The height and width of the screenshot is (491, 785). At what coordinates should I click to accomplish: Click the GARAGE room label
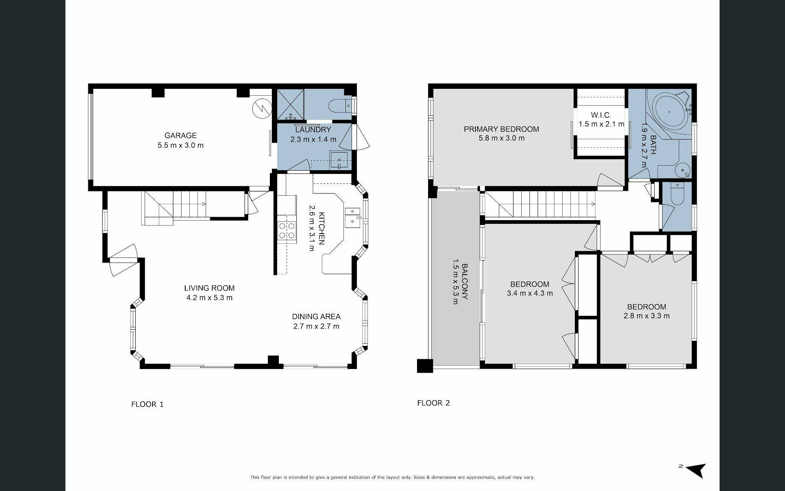180,135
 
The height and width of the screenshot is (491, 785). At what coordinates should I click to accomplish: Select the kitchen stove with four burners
287,230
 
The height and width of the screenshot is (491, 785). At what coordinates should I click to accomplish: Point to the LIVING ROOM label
209,288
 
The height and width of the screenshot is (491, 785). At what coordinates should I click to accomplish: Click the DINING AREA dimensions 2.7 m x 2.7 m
316,326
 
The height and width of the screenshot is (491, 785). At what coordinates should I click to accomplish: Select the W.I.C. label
601,115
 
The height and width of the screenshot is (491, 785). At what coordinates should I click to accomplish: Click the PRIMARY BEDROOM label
501,129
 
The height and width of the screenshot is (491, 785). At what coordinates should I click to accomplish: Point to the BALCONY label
465,282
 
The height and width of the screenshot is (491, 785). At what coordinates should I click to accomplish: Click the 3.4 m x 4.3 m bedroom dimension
529,293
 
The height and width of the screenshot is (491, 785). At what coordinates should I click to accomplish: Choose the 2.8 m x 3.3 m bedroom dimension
647,316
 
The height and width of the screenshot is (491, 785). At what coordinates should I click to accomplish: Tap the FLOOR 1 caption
147,404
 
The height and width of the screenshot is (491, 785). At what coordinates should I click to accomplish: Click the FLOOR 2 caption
433,403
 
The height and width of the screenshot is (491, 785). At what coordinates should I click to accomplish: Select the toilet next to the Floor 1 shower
340,106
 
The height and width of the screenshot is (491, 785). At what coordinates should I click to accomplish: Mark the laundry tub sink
340,160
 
